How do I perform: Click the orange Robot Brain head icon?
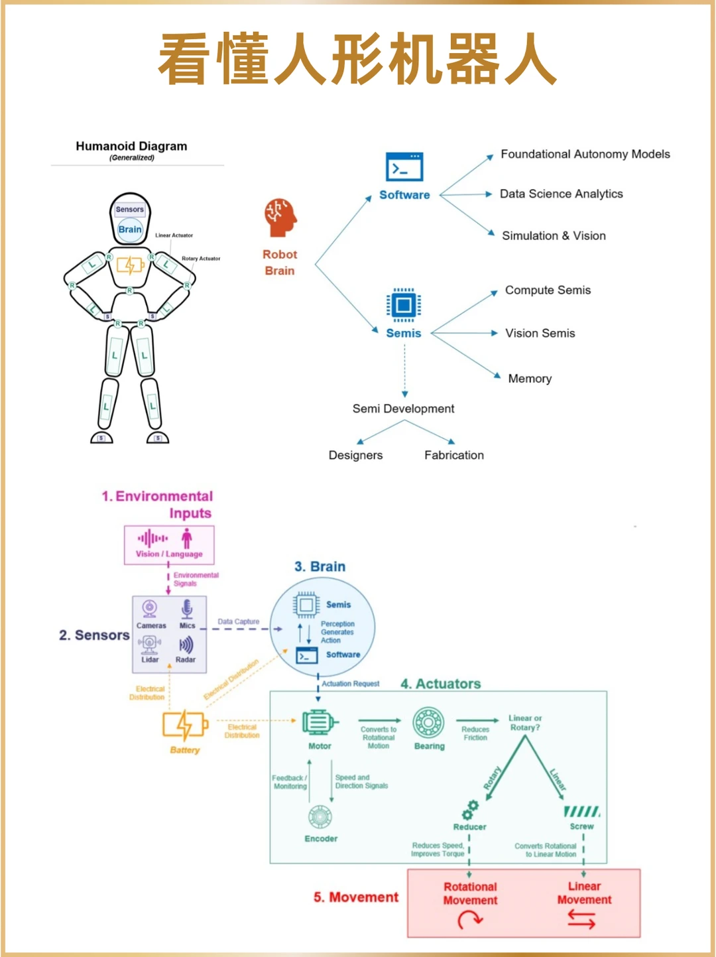[x=280, y=218]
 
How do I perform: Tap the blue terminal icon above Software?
[x=404, y=167]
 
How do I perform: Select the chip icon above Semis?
[x=404, y=305]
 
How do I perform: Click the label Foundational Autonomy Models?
[x=585, y=154]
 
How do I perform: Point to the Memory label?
[x=530, y=379]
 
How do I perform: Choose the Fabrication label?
[x=454, y=455]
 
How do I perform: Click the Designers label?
[x=355, y=455]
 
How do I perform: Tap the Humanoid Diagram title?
[x=131, y=147]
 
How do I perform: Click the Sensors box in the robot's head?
[x=130, y=210]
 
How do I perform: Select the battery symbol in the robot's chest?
[x=130, y=265]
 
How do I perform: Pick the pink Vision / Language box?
[x=169, y=544]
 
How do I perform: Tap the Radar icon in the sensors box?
[x=186, y=645]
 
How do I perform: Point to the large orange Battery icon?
[x=185, y=726]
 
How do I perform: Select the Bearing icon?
[x=429, y=723]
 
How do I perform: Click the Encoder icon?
[x=320, y=817]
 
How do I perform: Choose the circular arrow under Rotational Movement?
[x=470, y=920]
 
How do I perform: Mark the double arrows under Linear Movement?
[x=581, y=919]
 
